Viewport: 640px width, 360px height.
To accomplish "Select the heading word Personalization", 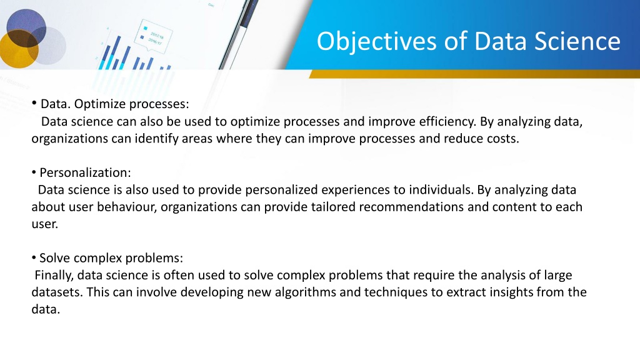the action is click(85, 172).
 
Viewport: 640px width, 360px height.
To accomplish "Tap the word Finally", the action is click(54, 276).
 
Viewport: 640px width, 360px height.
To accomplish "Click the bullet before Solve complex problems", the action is click(34, 258).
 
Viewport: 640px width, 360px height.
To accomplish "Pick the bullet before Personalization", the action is click(34, 172).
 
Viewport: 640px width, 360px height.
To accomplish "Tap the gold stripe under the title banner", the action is click(474, 74).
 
